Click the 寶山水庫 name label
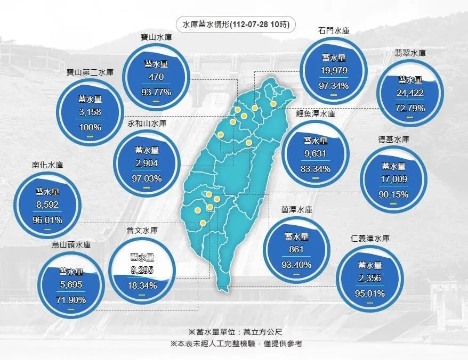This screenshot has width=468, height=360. point(156,37)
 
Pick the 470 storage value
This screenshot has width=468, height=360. point(156,77)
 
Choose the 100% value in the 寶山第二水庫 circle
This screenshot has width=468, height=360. point(90,127)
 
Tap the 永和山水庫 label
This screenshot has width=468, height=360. point(147,124)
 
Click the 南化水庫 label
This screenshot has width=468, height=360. point(47,165)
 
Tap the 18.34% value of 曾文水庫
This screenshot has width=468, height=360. point(141,285)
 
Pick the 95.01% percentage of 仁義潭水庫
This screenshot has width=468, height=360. point(369,292)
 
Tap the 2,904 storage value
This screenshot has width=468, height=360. point(147,163)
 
